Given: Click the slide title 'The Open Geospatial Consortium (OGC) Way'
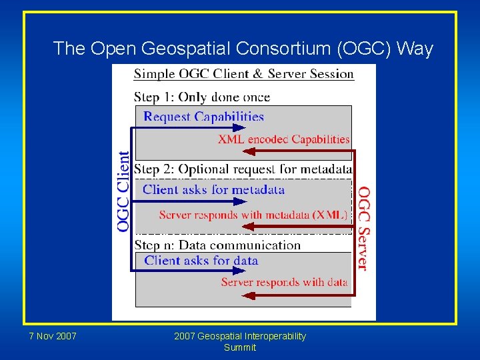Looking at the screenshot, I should [x=243, y=49].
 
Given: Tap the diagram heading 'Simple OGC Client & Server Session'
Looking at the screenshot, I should [x=243, y=73].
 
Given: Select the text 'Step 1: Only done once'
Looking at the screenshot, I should [x=202, y=97].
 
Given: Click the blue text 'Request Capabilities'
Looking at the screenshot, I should [x=203, y=117].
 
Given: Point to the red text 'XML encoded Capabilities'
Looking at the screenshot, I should [x=283, y=139].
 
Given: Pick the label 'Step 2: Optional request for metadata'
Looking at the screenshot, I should [x=243, y=169].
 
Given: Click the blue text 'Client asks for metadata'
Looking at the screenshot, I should [x=213, y=189].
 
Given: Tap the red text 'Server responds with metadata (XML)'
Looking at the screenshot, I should [x=253, y=215].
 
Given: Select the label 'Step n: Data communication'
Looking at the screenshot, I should [x=217, y=245].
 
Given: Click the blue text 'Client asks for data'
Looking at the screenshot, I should [x=201, y=261].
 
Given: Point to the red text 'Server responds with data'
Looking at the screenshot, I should [x=284, y=282].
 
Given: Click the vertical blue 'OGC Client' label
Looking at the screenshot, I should [x=124, y=191].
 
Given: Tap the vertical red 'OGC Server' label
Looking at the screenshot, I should [x=363, y=228].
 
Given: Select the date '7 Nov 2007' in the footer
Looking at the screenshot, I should [x=53, y=336].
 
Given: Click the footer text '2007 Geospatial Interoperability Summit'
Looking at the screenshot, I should [x=240, y=341].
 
